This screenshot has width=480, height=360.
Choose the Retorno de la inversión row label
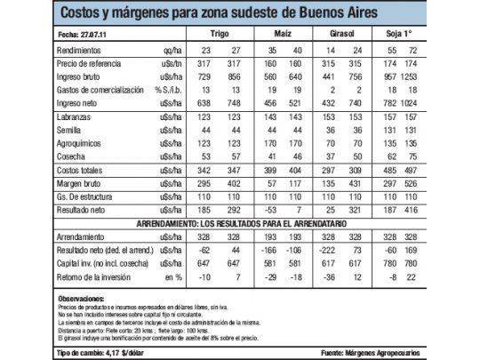pos(94,276)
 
